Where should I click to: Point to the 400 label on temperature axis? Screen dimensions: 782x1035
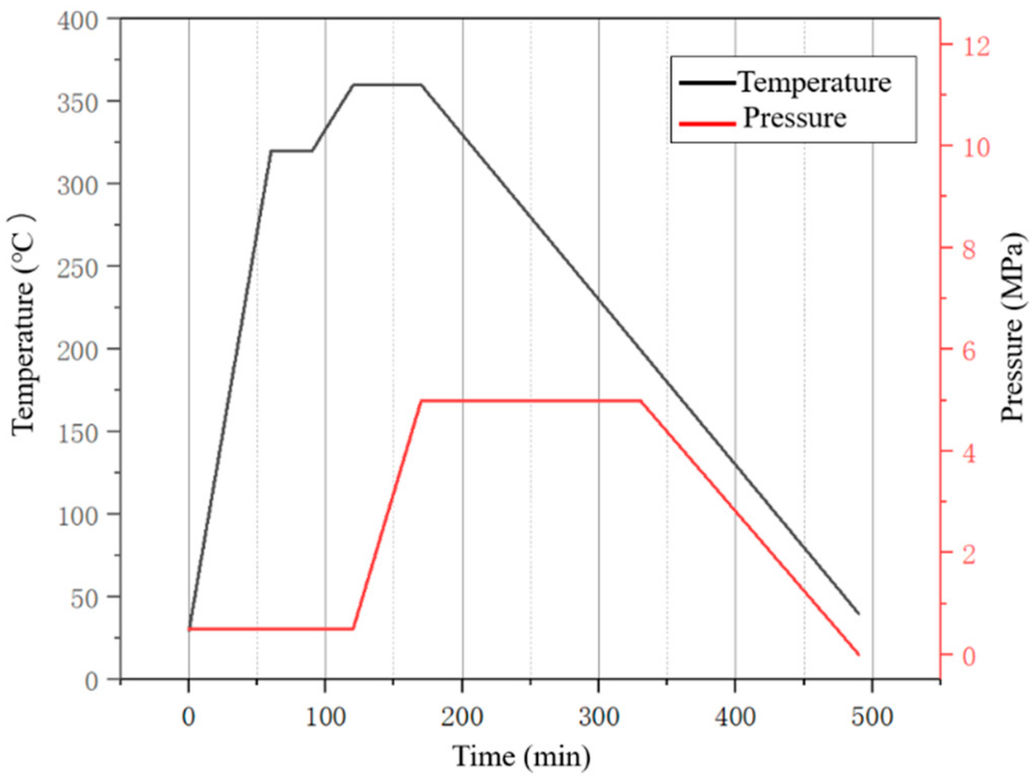coord(78,21)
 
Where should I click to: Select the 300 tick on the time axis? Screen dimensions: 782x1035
coord(599,717)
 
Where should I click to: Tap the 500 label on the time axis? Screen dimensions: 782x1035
coord(872,717)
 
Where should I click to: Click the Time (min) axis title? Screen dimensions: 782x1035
coord(521,756)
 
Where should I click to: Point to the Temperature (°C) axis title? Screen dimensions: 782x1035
coord(23,324)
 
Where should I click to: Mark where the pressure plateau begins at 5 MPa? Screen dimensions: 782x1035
coord(421,401)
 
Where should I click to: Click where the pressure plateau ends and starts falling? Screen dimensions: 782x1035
coord(641,401)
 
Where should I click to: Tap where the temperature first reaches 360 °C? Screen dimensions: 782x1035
coord(353,84)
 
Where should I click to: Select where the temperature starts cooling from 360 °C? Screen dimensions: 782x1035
coord(421,84)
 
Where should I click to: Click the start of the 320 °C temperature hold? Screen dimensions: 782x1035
coord(270,151)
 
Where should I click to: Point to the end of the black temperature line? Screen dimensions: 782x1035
coord(859,614)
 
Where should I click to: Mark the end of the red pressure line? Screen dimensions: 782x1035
coord(859,655)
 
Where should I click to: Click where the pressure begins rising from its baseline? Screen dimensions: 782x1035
coord(353,629)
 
